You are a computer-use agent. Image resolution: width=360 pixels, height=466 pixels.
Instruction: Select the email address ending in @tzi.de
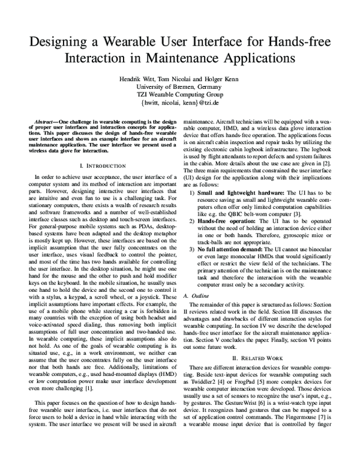[179, 103]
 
